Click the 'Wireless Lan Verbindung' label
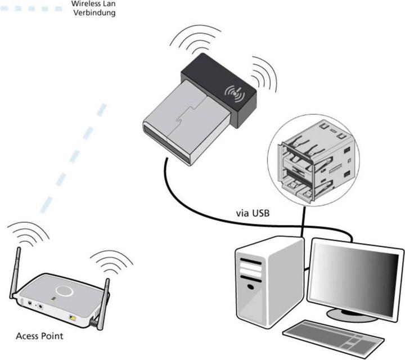pos(94,8)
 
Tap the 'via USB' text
pos(251,214)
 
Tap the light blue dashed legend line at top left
pos(31,8)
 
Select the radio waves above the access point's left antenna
pos(24,232)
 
